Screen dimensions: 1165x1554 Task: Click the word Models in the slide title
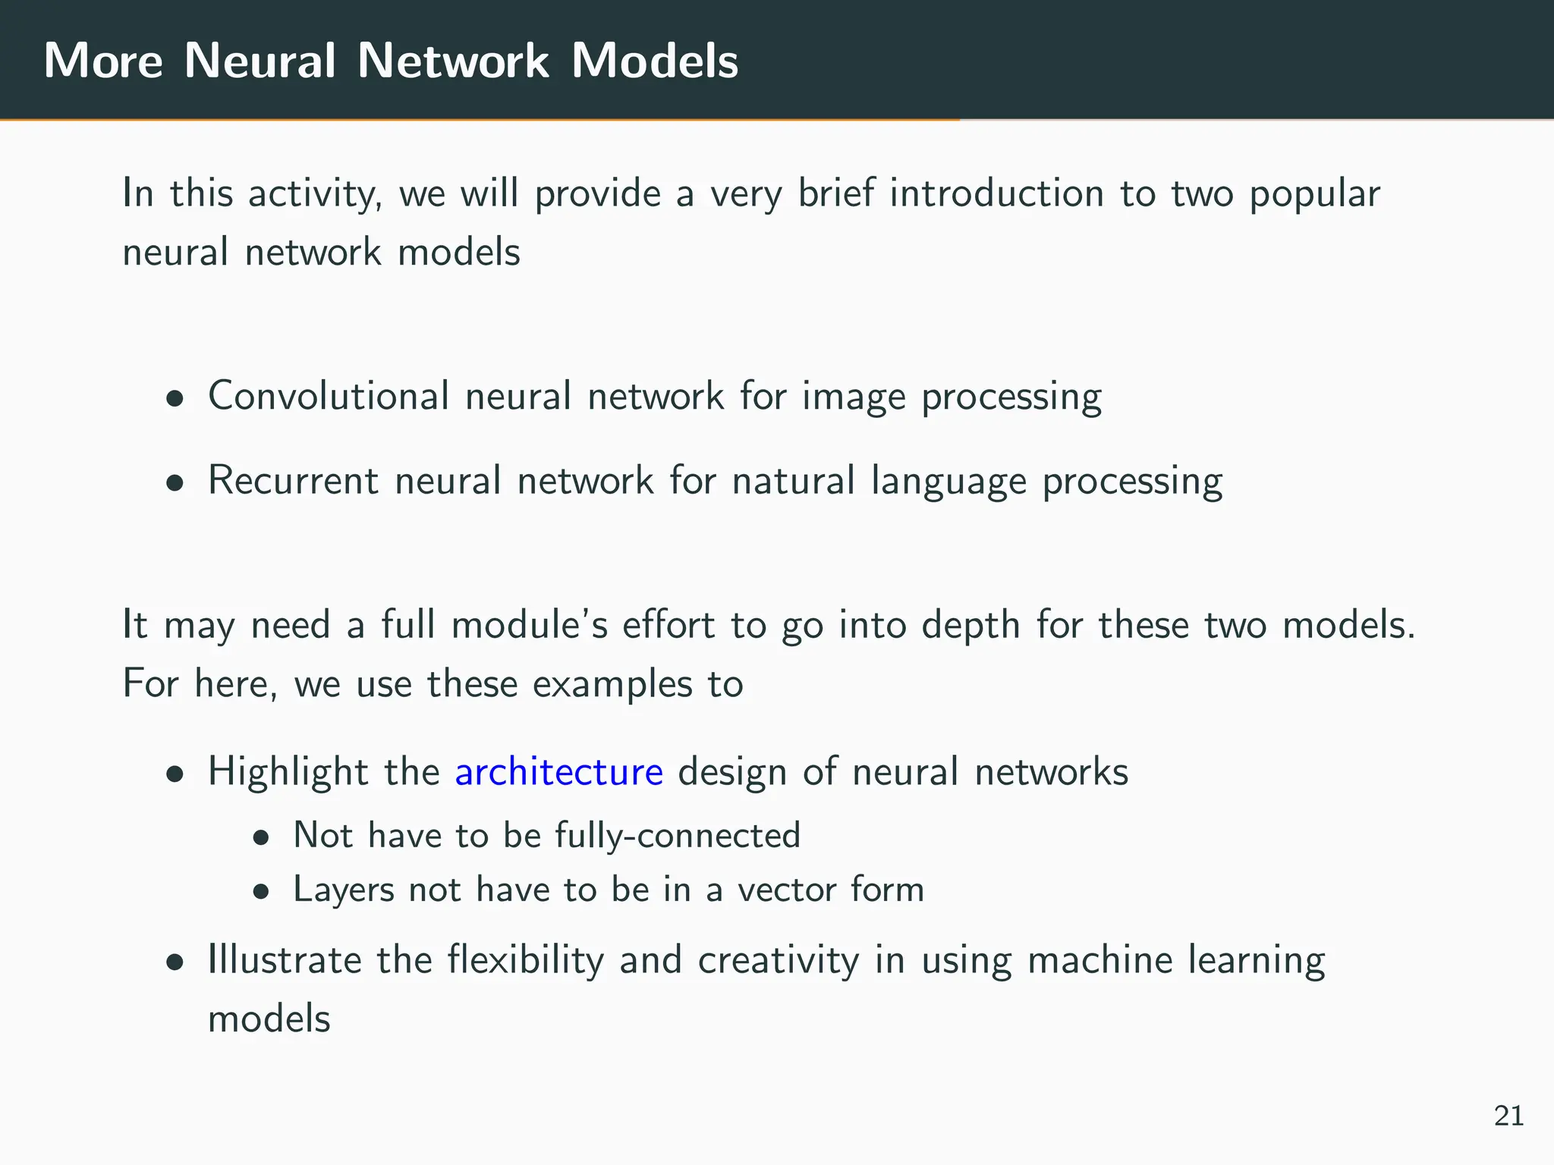pyautogui.click(x=654, y=60)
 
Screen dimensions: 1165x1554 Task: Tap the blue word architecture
pyautogui.click(x=558, y=772)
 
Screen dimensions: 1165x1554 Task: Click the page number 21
pyautogui.click(x=1508, y=1116)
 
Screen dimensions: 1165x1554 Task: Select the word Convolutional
pyautogui.click(x=329, y=396)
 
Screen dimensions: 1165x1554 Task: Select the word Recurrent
pyautogui.click(x=293, y=480)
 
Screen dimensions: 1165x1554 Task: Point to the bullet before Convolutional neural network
pyautogui.click(x=176, y=399)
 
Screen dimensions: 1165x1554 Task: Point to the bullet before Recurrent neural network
pyautogui.click(x=176, y=483)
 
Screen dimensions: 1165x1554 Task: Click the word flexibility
pyautogui.click(x=525, y=960)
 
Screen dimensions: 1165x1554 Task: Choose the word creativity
pyautogui.click(x=779, y=960)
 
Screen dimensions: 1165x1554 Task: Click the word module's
pyautogui.click(x=529, y=626)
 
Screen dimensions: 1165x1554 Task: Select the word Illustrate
pyautogui.click(x=285, y=960)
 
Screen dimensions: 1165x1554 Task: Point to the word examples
pyautogui.click(x=612, y=685)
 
